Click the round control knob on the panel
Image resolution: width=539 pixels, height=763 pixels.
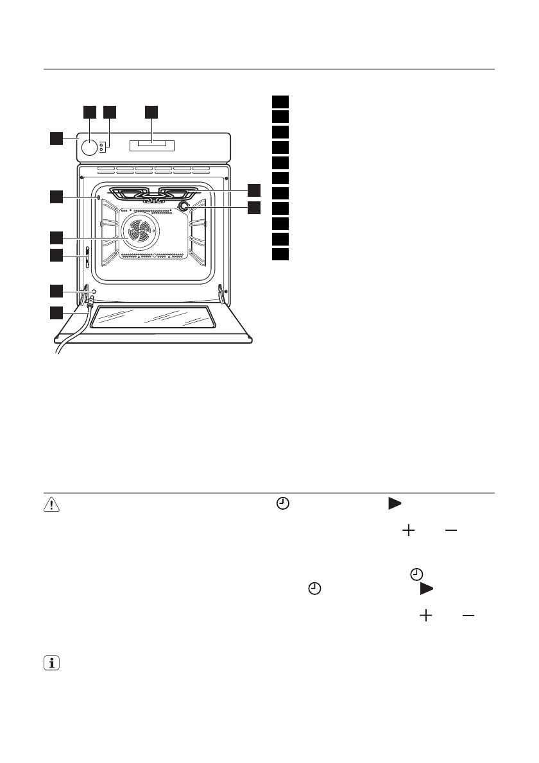(x=90, y=147)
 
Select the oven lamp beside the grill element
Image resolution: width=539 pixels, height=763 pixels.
(x=184, y=206)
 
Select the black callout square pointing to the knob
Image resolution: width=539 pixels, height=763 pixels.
(x=89, y=112)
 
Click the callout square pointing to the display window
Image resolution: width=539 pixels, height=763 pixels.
(x=151, y=112)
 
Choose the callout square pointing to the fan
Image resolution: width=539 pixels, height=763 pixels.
(x=57, y=237)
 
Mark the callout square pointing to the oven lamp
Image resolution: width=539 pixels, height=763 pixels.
(x=255, y=207)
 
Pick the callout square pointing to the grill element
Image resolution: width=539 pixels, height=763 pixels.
(x=255, y=190)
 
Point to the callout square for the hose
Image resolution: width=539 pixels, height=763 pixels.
(x=57, y=314)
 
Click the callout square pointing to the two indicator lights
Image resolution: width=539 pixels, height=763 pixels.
(x=110, y=112)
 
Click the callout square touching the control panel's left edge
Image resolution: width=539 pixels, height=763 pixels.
(x=57, y=137)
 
